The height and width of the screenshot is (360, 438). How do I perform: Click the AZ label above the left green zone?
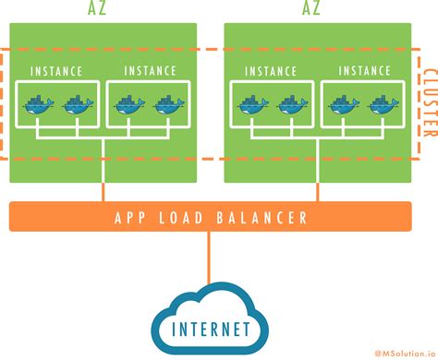coord(103,10)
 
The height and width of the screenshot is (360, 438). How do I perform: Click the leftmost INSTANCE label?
coord(56,71)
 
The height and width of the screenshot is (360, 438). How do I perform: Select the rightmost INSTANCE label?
coord(364,71)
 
